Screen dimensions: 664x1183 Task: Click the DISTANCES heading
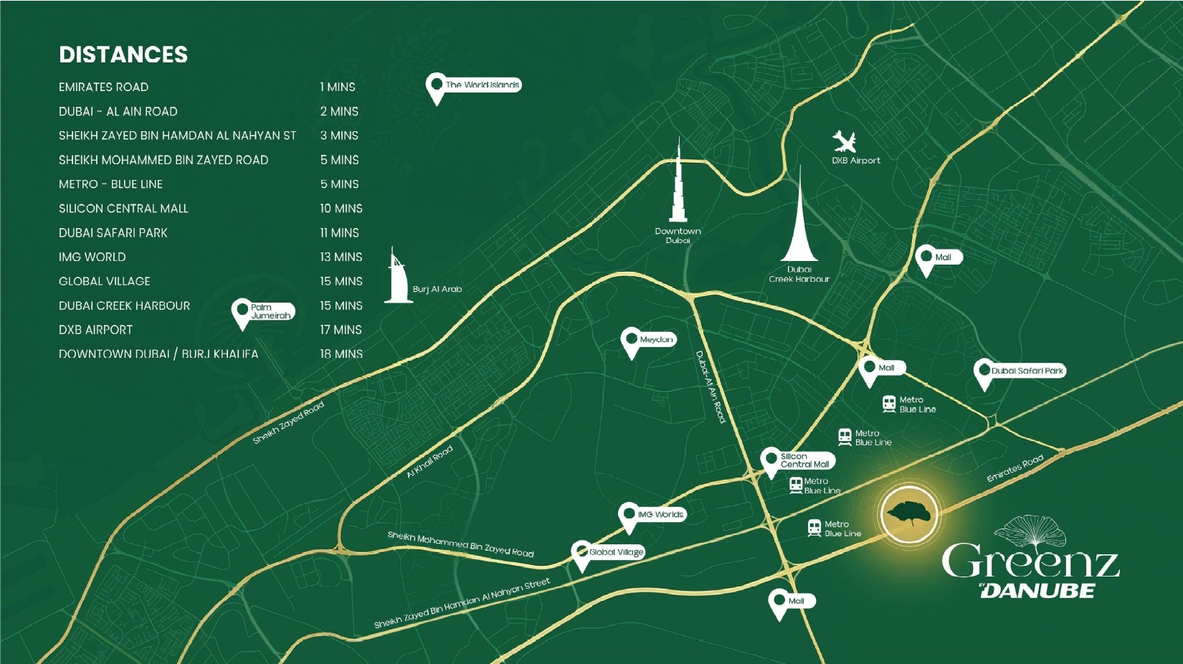pos(123,54)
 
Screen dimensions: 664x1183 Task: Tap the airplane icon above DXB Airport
pos(844,141)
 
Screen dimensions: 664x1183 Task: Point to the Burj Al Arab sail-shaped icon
pos(396,278)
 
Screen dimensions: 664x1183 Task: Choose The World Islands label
pos(482,85)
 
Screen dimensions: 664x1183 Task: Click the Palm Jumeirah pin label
pos(270,311)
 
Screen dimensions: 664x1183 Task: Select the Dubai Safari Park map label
pos(1027,371)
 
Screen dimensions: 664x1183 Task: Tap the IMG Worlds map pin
pos(629,516)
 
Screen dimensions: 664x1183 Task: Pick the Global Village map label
pos(616,552)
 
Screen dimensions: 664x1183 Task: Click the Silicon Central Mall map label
pos(804,460)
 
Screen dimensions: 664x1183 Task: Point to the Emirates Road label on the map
pos(1015,468)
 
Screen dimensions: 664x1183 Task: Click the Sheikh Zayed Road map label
pos(288,422)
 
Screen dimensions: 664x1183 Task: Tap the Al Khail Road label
pos(429,462)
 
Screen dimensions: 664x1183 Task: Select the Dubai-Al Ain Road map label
pos(711,387)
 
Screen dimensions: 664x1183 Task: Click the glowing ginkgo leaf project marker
pos(909,513)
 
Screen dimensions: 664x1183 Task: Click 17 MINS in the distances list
pos(341,330)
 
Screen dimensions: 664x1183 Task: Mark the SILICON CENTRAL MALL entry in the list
pos(123,209)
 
